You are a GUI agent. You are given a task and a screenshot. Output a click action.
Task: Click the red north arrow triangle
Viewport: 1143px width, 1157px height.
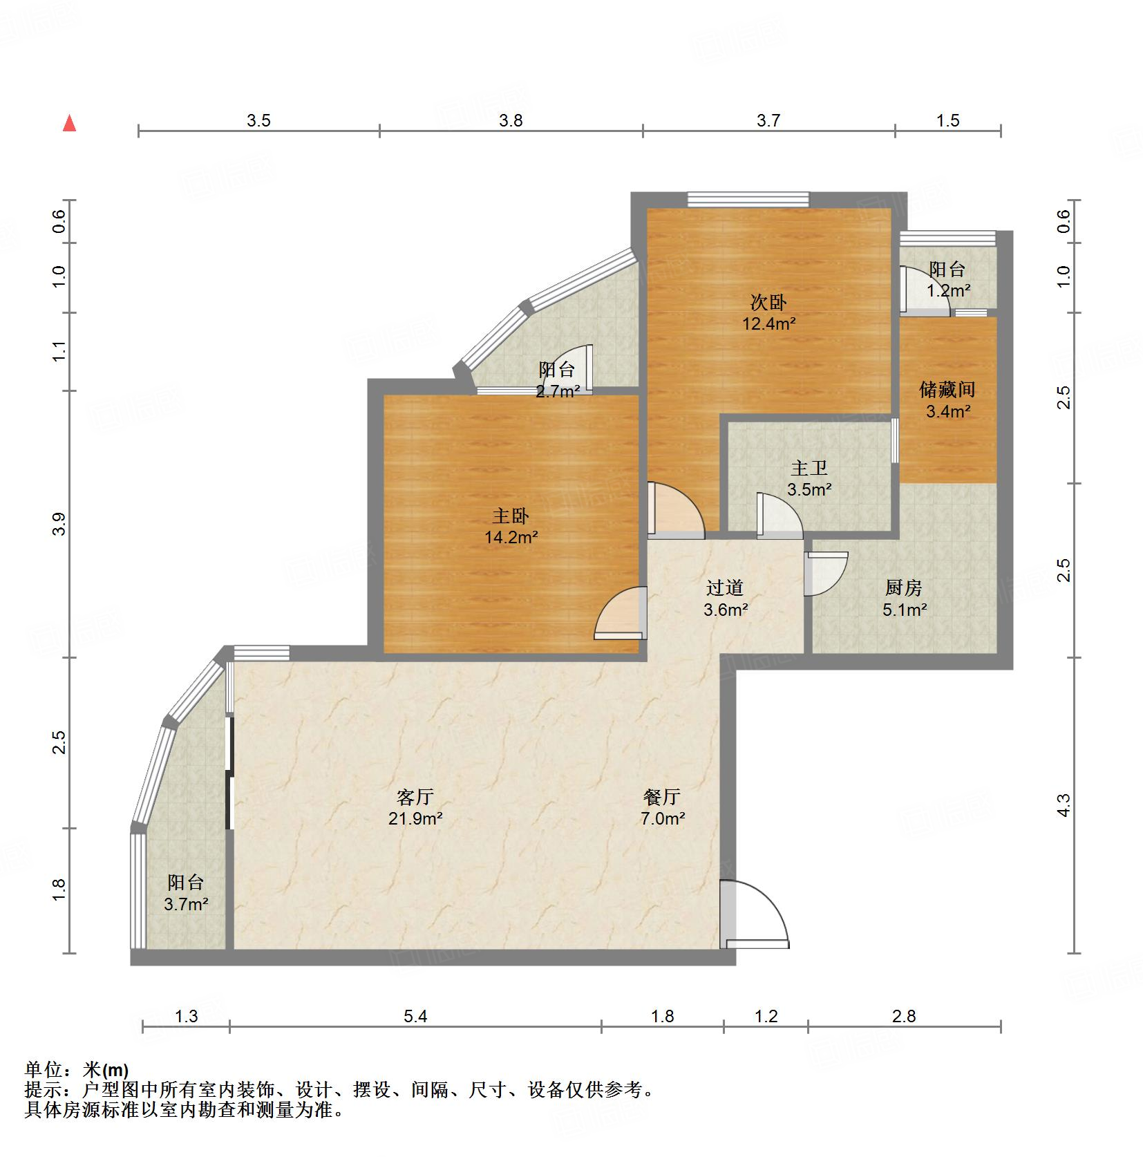pos(69,124)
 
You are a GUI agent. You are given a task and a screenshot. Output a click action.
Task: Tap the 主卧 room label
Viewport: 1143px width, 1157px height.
pos(511,516)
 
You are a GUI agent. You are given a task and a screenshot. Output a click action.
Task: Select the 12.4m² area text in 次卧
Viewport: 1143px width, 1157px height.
pos(768,323)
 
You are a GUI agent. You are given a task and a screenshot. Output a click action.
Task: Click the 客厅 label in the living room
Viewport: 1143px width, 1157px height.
pos(415,797)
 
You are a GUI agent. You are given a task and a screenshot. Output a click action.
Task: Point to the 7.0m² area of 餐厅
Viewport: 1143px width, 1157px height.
pos(662,819)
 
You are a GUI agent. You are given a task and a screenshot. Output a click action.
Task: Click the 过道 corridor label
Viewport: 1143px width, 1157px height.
pos(725,587)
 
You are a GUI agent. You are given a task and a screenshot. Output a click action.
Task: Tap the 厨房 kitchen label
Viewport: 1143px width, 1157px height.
pos(903,587)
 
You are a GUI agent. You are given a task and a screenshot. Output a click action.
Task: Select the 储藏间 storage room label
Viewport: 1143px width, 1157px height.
pos(947,390)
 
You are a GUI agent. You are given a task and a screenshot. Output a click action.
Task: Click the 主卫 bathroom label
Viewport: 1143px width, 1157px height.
pos(809,468)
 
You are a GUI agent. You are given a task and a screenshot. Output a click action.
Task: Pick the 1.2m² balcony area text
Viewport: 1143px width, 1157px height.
pos(948,291)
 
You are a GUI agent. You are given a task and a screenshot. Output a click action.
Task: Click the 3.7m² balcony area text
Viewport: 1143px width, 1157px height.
pos(186,904)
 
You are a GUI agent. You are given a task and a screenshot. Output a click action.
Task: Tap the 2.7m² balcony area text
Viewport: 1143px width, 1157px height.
pos(558,392)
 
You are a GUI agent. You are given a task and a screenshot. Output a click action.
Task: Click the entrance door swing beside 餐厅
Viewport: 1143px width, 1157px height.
pos(753,912)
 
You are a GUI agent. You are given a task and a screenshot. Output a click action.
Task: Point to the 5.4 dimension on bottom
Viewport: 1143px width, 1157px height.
pos(415,1017)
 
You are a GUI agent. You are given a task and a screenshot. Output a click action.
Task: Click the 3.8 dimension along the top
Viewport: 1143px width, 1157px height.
pos(511,121)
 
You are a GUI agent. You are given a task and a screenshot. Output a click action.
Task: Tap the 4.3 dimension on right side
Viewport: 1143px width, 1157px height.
pos(1064,805)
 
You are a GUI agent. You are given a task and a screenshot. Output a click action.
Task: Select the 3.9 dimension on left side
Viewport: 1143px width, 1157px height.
pos(60,523)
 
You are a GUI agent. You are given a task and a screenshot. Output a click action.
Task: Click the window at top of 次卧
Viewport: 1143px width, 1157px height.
pos(748,200)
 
